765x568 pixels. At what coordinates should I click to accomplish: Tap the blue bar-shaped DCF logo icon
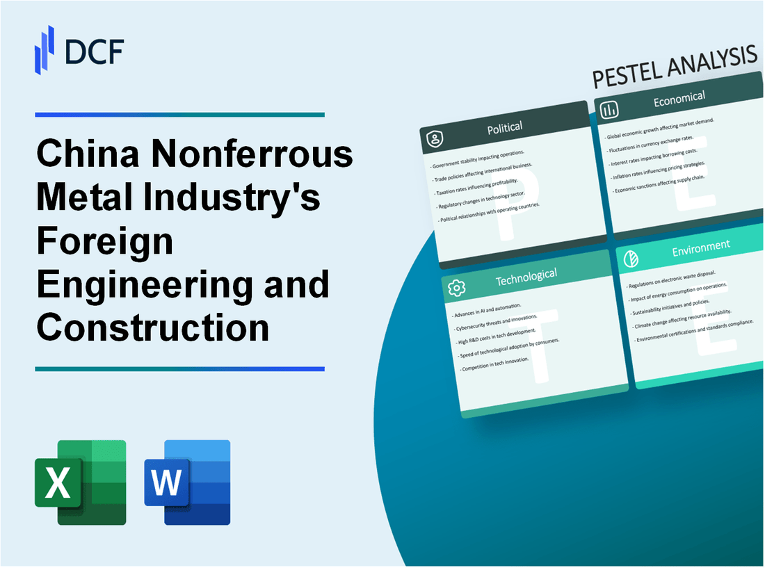(45, 49)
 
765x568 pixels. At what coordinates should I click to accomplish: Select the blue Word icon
(187, 482)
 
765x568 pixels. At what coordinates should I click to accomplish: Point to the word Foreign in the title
(104, 241)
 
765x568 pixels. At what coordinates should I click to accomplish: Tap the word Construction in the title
(153, 327)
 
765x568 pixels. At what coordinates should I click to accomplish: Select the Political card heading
(505, 127)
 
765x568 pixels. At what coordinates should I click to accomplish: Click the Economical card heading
(679, 99)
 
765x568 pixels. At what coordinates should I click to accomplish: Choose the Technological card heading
(526, 277)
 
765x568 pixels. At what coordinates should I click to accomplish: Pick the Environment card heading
(700, 245)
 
